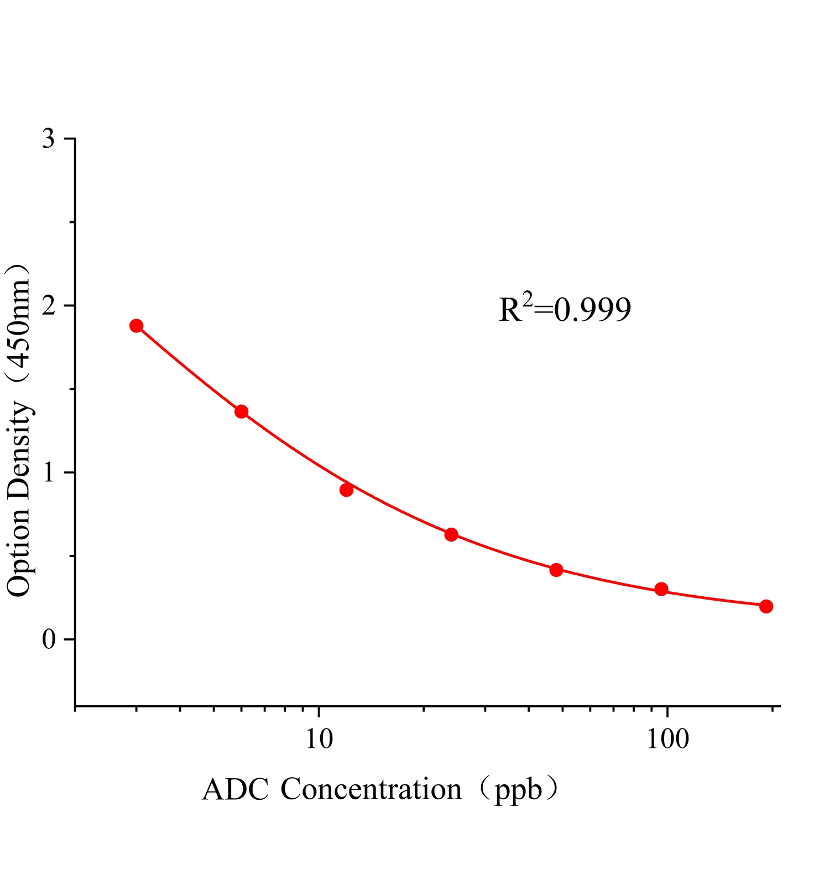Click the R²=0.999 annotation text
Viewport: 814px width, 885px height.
point(565,309)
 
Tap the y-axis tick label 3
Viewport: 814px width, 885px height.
point(49,138)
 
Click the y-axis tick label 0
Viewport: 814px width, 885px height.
point(49,639)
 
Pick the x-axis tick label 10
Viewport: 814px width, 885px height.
point(319,739)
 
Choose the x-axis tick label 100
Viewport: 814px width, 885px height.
point(667,739)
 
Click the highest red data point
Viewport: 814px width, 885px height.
point(137,326)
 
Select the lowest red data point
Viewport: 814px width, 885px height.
point(766,606)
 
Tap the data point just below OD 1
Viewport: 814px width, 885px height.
point(347,490)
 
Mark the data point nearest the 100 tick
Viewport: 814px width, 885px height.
point(661,589)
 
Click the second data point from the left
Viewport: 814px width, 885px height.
point(241,412)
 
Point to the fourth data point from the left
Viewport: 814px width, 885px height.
point(451,534)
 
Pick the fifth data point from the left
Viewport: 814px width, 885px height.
point(556,570)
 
